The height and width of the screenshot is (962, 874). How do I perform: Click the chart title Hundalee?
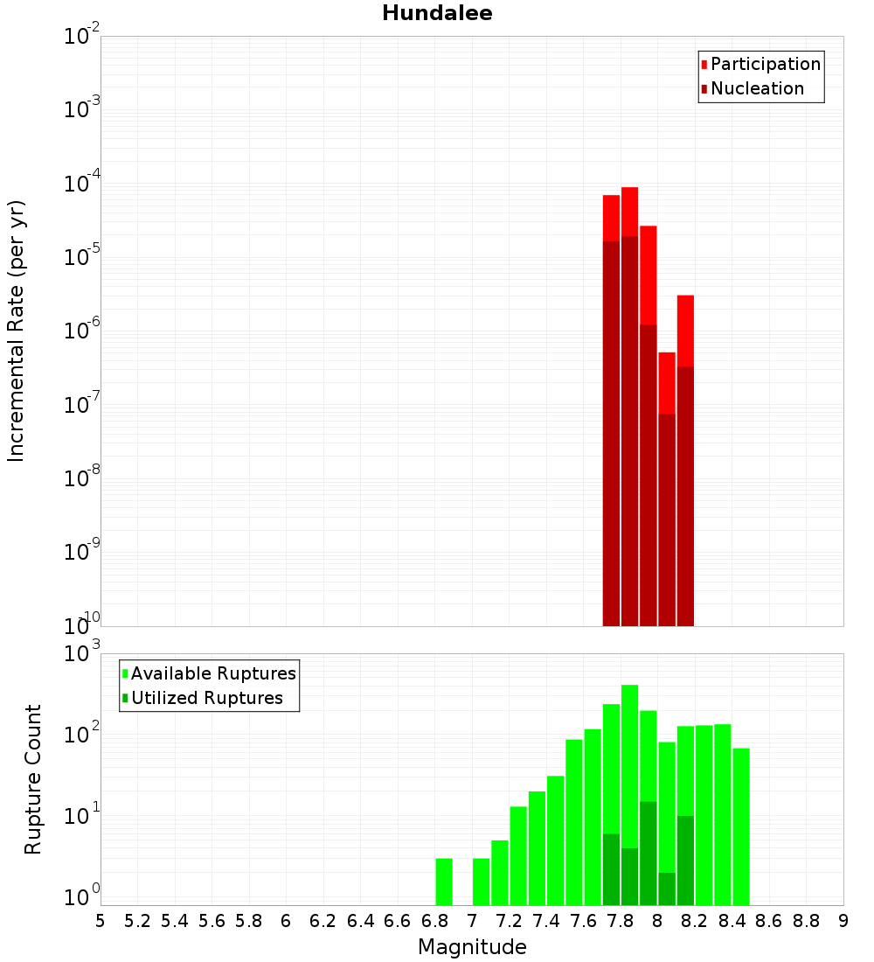tap(437, 13)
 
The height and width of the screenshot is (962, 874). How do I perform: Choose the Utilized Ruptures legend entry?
tap(205, 698)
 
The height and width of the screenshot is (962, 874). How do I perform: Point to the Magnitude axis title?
tap(472, 947)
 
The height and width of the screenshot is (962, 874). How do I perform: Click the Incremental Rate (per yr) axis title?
tap(17, 331)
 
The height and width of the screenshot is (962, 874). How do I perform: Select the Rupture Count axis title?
tap(33, 778)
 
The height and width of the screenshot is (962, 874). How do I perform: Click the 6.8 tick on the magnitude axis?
tap(434, 920)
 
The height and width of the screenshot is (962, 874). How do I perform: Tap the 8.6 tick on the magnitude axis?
tap(769, 920)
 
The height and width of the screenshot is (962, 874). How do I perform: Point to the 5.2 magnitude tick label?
tap(137, 920)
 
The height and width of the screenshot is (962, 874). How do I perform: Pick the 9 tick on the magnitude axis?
tap(843, 920)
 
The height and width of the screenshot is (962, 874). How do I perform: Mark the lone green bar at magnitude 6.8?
tap(444, 882)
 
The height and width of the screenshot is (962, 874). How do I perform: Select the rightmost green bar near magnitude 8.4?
tap(741, 826)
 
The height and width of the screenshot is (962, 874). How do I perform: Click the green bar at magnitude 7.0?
tap(481, 882)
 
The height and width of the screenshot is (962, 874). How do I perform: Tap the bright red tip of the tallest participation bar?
tap(629, 210)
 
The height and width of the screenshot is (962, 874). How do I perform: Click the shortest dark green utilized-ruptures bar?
tap(667, 889)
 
